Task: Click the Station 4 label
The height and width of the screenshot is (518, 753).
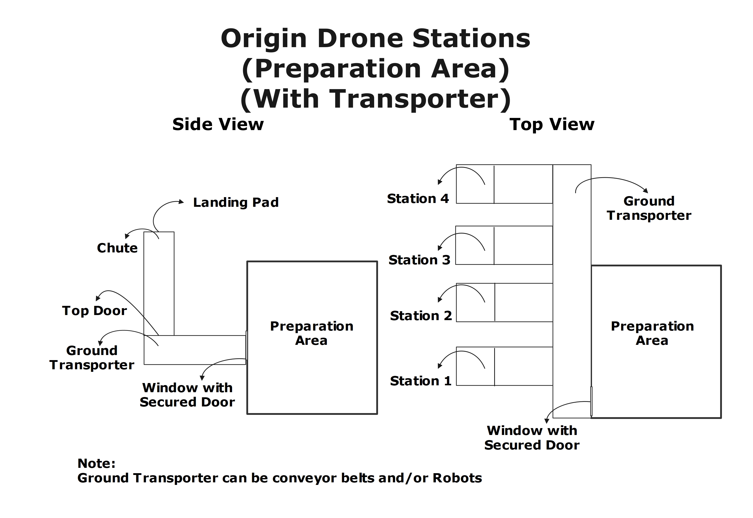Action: tap(418, 199)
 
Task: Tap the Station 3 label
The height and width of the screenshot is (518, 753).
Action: tap(419, 260)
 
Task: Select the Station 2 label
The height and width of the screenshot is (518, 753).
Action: tap(421, 316)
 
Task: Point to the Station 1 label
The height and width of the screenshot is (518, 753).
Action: tap(421, 381)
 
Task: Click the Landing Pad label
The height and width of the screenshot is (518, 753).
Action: tap(236, 202)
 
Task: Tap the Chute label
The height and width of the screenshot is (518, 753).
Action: tap(117, 248)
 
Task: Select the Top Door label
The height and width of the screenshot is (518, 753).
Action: tap(95, 311)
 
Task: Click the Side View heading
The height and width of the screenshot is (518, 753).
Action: tap(218, 125)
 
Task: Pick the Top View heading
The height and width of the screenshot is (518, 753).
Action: tap(552, 125)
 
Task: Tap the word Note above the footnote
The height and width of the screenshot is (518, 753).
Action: tap(96, 464)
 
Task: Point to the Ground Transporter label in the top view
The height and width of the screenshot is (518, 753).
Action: tap(649, 208)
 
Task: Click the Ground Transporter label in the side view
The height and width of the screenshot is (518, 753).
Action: tap(92, 358)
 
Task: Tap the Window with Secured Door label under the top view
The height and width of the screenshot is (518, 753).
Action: tap(532, 438)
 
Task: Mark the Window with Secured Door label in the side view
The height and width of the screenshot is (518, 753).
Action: tap(187, 395)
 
